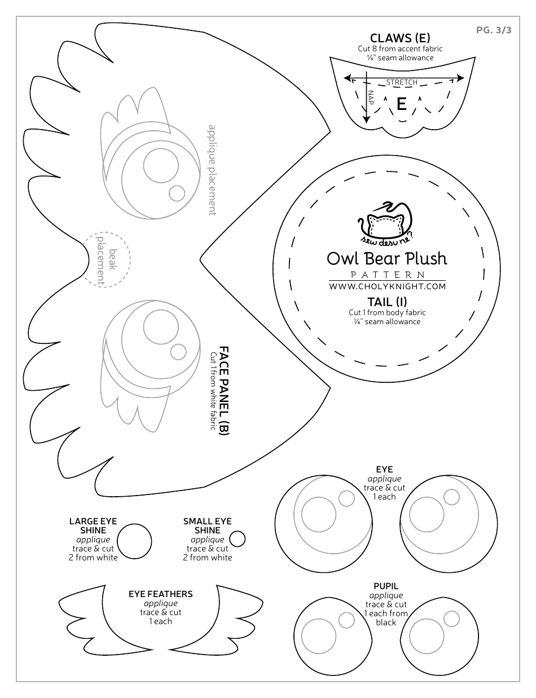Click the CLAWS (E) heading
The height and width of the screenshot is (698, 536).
pos(400,38)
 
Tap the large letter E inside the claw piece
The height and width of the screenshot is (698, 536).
pos(402,104)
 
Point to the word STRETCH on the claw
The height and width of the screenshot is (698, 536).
pos(402,82)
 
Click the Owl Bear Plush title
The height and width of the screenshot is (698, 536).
pos(387,258)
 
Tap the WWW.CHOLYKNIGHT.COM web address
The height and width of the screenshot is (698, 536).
pos(387,286)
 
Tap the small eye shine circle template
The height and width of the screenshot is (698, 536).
pos(238,539)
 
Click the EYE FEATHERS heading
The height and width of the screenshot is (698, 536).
pos(161,594)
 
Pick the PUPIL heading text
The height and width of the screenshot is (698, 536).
pos(386,586)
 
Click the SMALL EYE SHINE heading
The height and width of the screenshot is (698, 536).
pos(208,526)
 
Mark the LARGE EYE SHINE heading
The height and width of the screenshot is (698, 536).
pos(93,526)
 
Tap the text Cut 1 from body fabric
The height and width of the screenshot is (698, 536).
pos(387,312)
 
